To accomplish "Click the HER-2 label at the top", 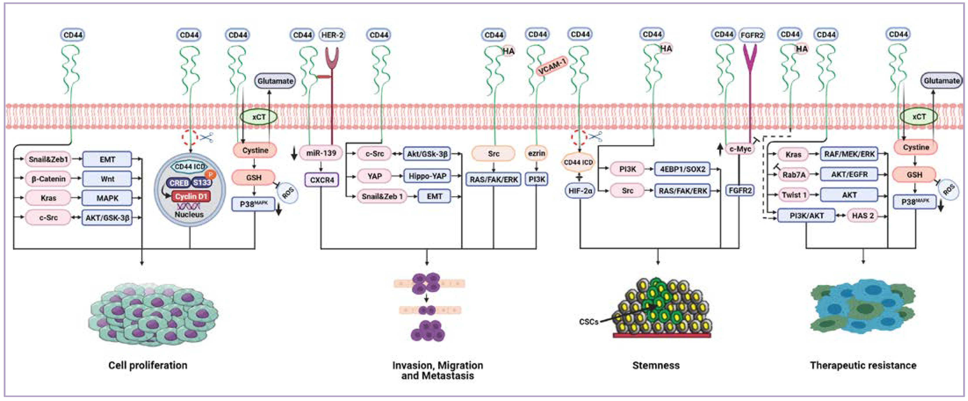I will coord(332,35).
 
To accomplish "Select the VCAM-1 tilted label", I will coord(552,67).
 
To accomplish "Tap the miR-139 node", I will coord(321,153).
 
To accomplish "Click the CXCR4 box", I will coord(322,180).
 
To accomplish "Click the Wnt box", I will coord(107,179).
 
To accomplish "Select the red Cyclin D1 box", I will coord(191,196).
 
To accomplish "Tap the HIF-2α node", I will coord(580,191).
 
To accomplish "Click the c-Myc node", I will coord(740,149).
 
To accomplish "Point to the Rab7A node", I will coord(793,175).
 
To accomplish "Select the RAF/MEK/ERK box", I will coord(849,154).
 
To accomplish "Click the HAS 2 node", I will coord(863,216).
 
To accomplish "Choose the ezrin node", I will coord(536,153).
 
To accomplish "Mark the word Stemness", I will coord(656,365).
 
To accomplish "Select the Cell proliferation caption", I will coord(148,365).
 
